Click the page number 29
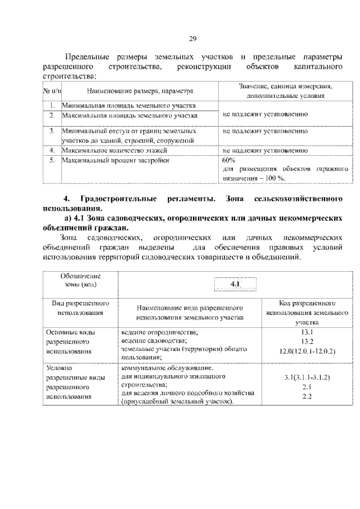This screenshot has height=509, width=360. click(x=192, y=38)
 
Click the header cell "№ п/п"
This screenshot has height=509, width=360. click(x=52, y=91)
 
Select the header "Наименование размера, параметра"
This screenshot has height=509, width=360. click(x=140, y=91)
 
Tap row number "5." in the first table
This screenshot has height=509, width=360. click(x=51, y=160)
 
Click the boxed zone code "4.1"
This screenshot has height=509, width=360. click(x=235, y=285)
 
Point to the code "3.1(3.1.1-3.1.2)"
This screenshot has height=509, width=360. click(x=307, y=378)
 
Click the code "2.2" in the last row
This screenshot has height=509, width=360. click(x=307, y=397)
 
